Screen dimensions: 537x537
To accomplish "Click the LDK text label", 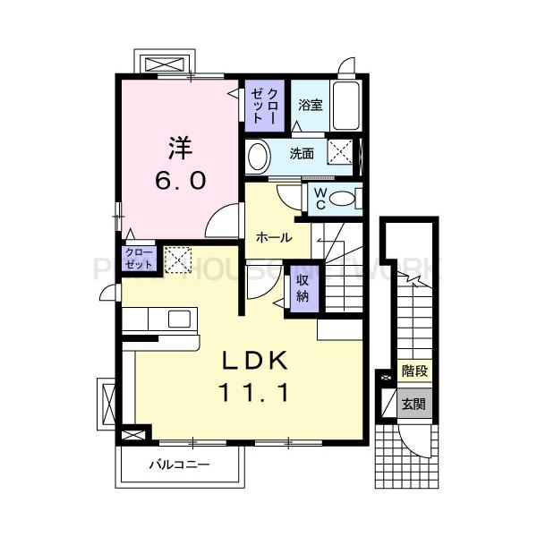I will click(254, 361).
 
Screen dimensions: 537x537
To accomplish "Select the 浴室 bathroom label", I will click(310, 105).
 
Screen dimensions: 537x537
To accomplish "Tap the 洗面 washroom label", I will click(301, 153).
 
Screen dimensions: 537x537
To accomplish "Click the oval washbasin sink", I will click(259, 156).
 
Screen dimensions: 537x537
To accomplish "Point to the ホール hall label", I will click(274, 238).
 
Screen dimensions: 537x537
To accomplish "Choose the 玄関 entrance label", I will click(413, 405).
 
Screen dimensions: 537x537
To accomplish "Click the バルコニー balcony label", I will click(178, 465).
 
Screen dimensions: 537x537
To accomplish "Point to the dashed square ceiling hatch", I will click(177, 260).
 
